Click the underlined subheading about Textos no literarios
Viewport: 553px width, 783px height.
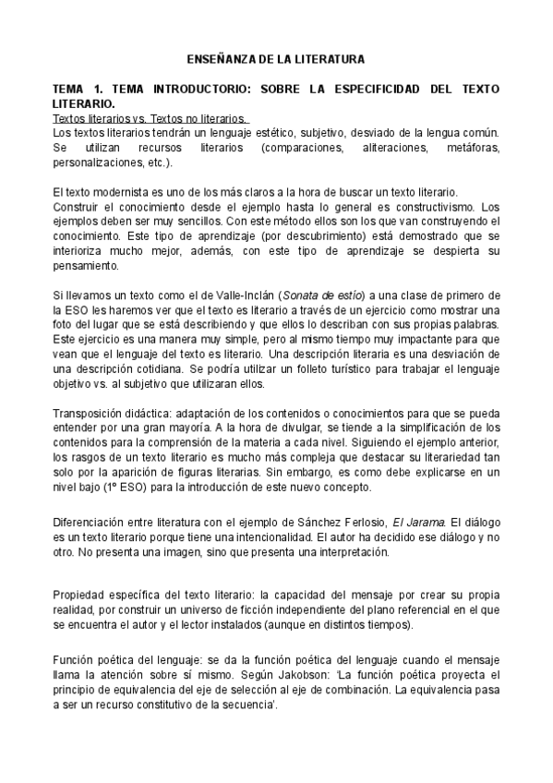149,119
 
